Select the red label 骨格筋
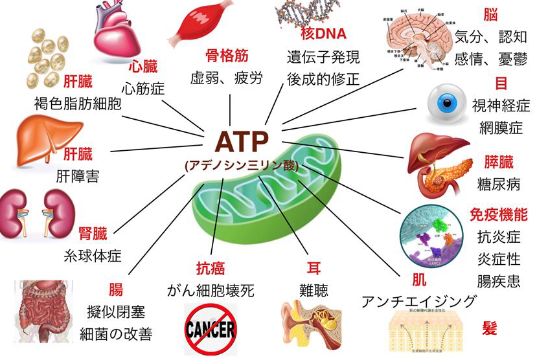(227, 55)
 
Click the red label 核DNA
(324, 34)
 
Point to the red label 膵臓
(499, 162)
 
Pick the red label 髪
(490, 328)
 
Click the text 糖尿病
(499, 185)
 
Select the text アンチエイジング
(419, 301)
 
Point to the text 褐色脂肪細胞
(78, 104)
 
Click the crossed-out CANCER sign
(211, 330)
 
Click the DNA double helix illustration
(304, 13)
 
